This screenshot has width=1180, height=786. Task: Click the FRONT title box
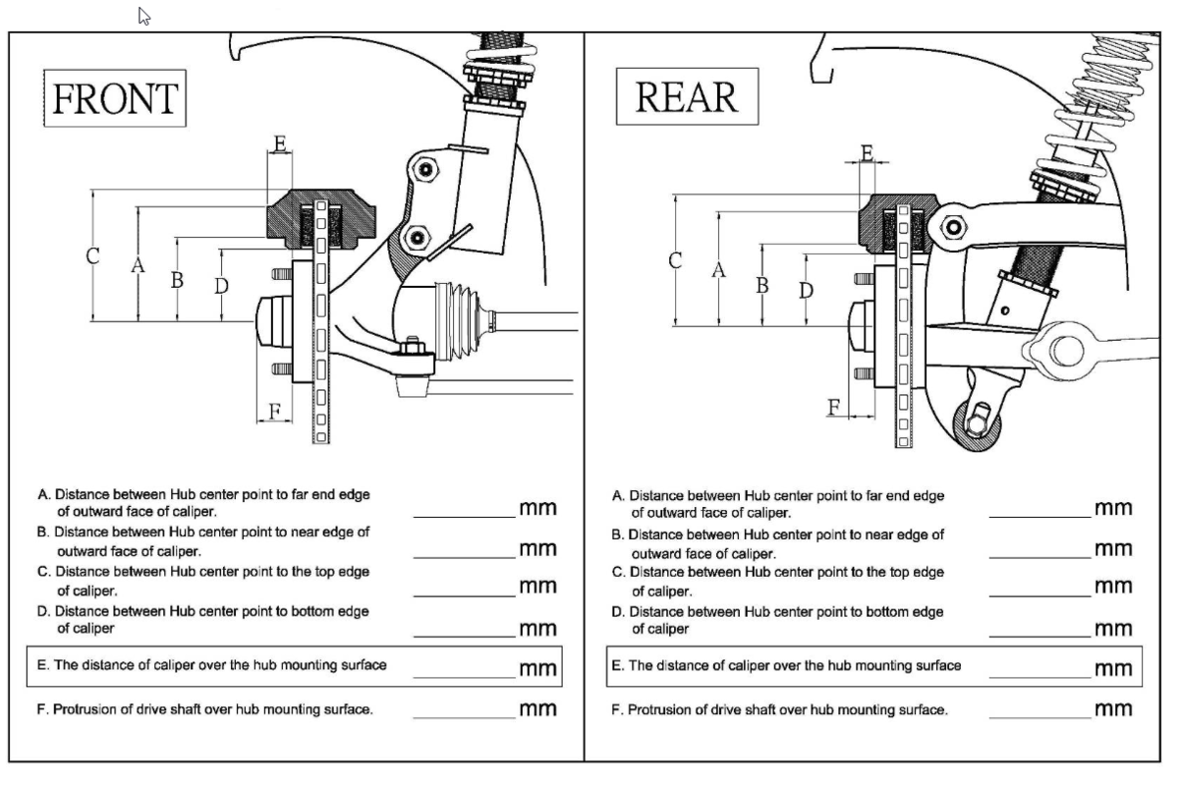click(115, 98)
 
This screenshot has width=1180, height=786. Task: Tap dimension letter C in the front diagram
click(92, 257)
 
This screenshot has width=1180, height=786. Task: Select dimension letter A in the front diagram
click(138, 265)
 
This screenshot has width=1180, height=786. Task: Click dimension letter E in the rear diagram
click(867, 152)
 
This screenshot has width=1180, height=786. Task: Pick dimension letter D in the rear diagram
click(807, 291)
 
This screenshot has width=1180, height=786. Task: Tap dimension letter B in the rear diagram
click(761, 286)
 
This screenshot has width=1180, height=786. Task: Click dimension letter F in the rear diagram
click(834, 406)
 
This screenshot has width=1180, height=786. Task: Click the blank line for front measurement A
click(464, 514)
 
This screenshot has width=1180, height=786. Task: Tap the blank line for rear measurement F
click(1040, 715)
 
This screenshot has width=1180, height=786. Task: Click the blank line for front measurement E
click(464, 675)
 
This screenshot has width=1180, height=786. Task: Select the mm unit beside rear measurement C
click(1113, 587)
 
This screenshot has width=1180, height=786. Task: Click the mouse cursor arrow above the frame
click(144, 16)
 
